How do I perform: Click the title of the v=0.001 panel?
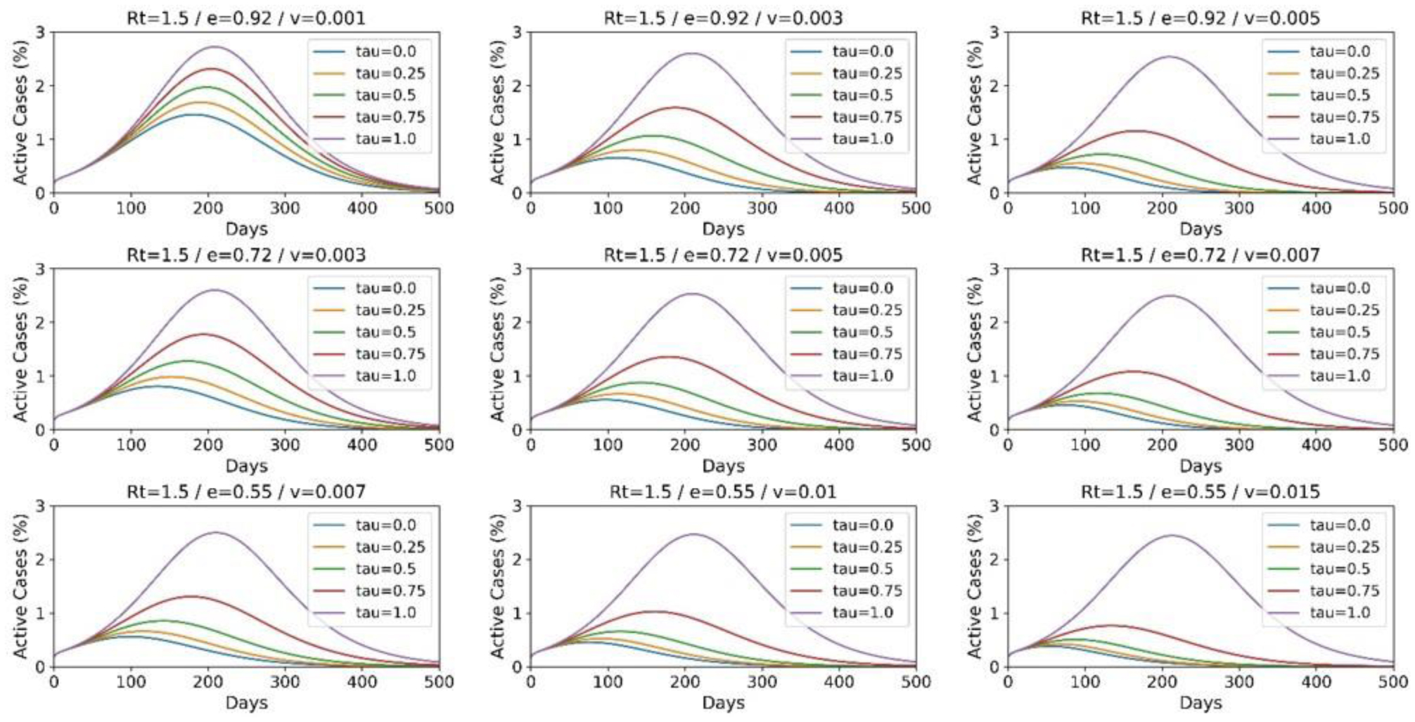click(246, 18)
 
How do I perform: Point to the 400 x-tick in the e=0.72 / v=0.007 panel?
click(1316, 444)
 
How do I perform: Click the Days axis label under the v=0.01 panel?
click(723, 702)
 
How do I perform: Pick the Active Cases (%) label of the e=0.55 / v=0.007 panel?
click(20, 586)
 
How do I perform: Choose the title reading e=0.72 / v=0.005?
click(723, 254)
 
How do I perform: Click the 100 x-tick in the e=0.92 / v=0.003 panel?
click(608, 208)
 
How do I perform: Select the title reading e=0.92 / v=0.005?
click(1200, 18)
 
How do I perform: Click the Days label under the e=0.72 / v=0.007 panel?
click(1200, 465)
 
